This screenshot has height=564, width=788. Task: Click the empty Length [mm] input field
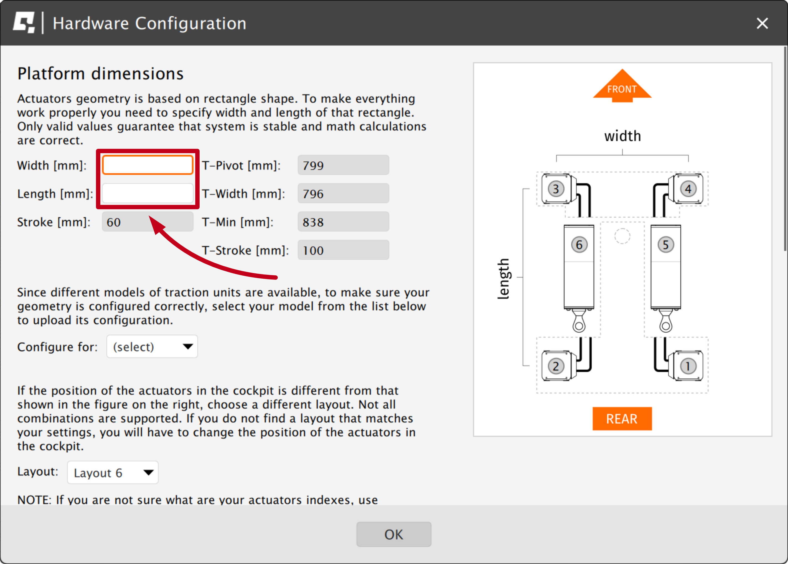point(148,193)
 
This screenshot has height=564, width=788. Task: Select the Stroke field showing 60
point(148,222)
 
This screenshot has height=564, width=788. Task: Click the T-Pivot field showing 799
point(343,165)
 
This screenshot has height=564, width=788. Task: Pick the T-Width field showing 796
point(343,193)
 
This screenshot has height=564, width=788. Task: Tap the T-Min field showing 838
point(343,222)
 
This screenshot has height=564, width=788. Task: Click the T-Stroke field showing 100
point(343,250)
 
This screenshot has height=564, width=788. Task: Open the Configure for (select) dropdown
point(152,347)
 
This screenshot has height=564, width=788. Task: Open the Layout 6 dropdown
point(113,473)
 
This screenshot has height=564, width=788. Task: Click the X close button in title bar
point(762,23)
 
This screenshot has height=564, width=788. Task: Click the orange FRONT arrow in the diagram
point(622,87)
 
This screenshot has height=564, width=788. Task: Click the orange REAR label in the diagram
point(622,419)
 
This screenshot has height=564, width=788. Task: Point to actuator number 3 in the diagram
point(556,189)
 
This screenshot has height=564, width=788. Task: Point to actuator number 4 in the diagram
point(688,189)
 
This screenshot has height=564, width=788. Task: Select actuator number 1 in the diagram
point(688,366)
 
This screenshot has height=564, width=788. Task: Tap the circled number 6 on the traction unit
point(579,245)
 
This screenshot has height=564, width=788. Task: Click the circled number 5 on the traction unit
point(665,245)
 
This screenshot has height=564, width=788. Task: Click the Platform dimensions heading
point(101,74)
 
